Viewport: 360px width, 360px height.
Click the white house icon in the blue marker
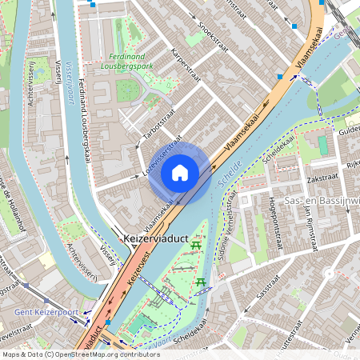(x=180, y=172)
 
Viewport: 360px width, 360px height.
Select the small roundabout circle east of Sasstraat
(x=328, y=274)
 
